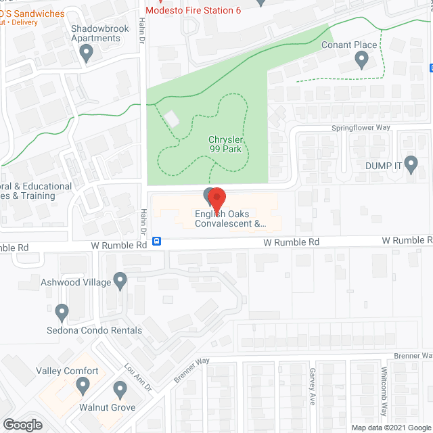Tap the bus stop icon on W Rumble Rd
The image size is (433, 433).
[x=156, y=242]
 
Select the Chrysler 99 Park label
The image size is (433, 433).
[x=225, y=144]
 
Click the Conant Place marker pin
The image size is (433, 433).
[x=361, y=61]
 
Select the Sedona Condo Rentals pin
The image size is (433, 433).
[x=62, y=313]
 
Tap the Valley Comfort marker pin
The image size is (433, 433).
[x=83, y=386]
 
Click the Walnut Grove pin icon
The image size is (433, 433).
[x=120, y=390]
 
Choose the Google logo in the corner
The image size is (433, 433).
[x=22, y=425]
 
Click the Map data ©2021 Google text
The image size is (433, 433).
[x=390, y=427]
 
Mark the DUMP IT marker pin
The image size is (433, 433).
[x=412, y=166]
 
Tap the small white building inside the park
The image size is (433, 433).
[x=172, y=119]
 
